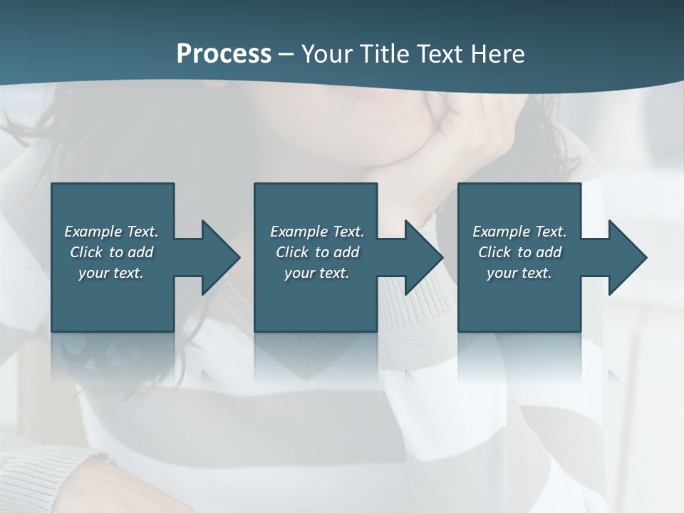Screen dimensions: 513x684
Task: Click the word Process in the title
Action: pos(224,54)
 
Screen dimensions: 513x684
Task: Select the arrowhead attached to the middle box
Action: pos(423,257)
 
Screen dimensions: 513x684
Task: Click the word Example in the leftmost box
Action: pos(93,232)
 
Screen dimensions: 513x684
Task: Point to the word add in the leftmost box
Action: pos(140,252)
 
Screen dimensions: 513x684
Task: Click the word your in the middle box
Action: pos(299,273)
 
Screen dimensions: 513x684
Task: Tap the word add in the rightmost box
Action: pos(549,252)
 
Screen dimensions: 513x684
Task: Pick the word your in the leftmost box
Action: pos(93,273)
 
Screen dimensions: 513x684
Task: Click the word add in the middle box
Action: pos(346,252)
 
